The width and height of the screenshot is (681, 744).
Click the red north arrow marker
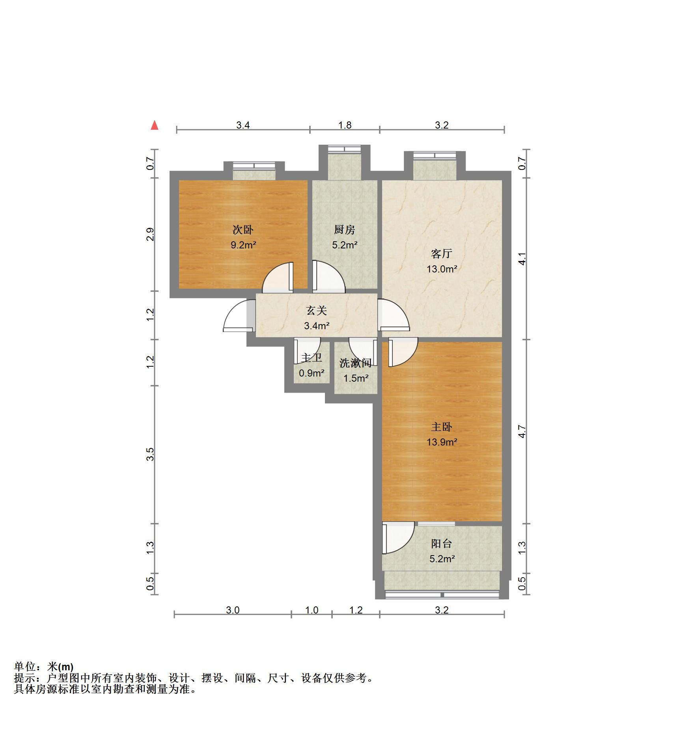pos(155,125)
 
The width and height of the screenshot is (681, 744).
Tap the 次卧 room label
pos(243,229)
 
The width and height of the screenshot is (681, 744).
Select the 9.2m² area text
pos(243,245)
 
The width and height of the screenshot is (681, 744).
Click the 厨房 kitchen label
pos(345,229)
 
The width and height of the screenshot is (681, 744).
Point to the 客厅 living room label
pos(442,254)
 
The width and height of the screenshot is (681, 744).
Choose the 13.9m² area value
pos(442,442)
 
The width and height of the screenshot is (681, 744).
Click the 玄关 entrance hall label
pos(317,311)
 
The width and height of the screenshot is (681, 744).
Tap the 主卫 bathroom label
pos(312,358)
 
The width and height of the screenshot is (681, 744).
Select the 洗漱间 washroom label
pos(356,363)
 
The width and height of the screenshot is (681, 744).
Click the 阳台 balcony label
pos(442,544)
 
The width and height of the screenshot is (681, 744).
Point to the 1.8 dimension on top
pos(345,125)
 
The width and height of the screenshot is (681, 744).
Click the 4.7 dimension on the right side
pos(522,431)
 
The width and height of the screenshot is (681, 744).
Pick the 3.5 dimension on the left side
pos(150,454)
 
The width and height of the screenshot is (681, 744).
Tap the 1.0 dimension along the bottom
pos(312,610)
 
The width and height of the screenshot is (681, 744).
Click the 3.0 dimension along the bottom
pos(233,610)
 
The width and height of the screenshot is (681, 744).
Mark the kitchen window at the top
pos(344,149)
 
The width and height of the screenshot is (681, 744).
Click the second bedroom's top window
pos(254,166)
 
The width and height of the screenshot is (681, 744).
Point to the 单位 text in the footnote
pos(25,666)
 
